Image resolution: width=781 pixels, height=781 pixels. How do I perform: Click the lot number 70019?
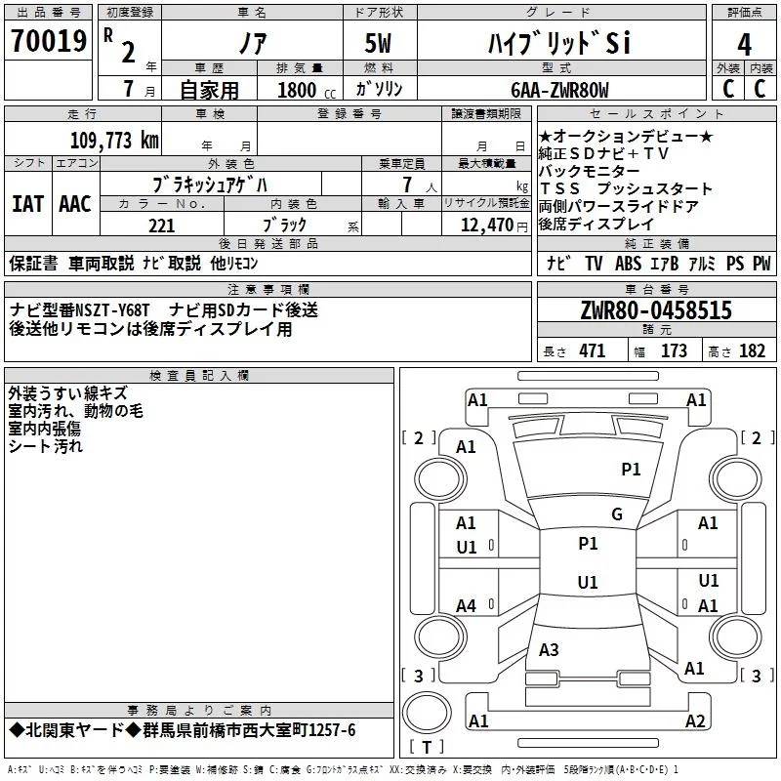pyautogui.click(x=49, y=40)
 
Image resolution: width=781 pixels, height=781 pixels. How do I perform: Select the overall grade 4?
pyautogui.click(x=744, y=44)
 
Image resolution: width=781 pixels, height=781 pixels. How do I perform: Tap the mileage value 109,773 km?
pyautogui.click(x=114, y=140)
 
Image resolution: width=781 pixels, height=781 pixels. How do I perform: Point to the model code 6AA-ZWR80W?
pyautogui.click(x=559, y=90)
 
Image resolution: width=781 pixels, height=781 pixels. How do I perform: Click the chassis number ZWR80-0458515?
pyautogui.click(x=656, y=309)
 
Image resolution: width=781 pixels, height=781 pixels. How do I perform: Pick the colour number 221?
pyautogui.click(x=162, y=226)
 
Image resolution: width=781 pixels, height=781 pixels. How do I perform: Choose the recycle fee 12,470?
pyautogui.click(x=486, y=226)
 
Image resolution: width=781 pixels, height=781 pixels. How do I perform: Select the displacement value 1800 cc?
pyautogui.click(x=307, y=90)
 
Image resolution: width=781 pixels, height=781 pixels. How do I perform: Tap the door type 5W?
pyautogui.click(x=378, y=43)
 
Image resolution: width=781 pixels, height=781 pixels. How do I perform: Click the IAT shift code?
pyautogui.click(x=27, y=204)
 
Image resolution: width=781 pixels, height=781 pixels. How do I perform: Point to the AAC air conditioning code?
pyautogui.click(x=75, y=204)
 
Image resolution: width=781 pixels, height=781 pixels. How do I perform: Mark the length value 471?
pyautogui.click(x=593, y=350)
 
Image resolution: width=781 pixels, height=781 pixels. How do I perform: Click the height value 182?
pyautogui.click(x=752, y=350)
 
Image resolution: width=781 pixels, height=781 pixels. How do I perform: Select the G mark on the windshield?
pyautogui.click(x=617, y=514)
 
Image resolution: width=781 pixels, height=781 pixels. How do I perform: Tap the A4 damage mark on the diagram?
pyautogui.click(x=466, y=605)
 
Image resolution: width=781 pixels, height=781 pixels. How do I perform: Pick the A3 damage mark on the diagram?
pyautogui.click(x=549, y=649)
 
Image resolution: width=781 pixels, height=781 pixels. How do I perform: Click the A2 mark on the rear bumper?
pyautogui.click(x=695, y=720)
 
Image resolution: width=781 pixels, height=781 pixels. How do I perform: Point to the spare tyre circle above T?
pyautogui.click(x=427, y=712)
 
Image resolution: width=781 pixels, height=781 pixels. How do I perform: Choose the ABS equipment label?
pyautogui.click(x=628, y=263)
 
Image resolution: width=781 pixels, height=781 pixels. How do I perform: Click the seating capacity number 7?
pyautogui.click(x=407, y=185)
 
